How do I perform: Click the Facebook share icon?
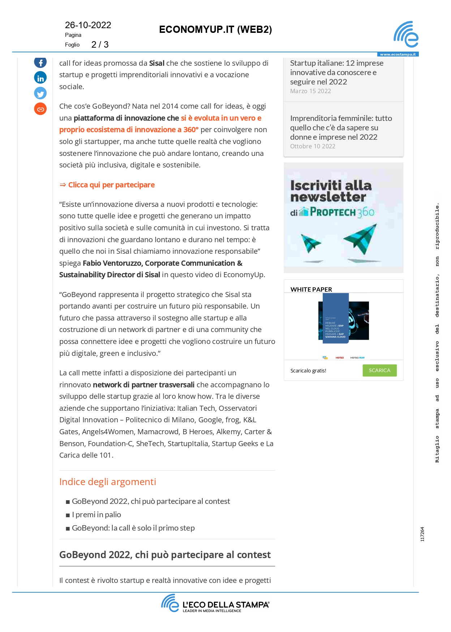[40, 62]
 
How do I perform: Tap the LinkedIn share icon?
[40, 78]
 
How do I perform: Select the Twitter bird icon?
[40, 93]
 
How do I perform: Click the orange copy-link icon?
[40, 109]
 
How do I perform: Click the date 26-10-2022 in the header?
[88, 25]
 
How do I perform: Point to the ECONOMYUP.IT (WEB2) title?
[215, 30]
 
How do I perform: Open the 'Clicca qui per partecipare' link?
[111, 185]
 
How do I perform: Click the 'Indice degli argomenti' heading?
[108, 482]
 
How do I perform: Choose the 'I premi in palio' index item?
[96, 515]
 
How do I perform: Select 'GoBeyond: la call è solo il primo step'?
[133, 528]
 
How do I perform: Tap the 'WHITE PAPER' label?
[311, 289]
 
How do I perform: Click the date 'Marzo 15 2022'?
[310, 91]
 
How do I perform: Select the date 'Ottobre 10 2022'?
[313, 146]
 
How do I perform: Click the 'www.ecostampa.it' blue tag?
[398, 55]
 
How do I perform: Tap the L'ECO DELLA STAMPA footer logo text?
[225, 605]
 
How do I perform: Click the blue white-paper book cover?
[335, 318]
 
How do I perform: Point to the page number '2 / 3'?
[100, 44]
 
